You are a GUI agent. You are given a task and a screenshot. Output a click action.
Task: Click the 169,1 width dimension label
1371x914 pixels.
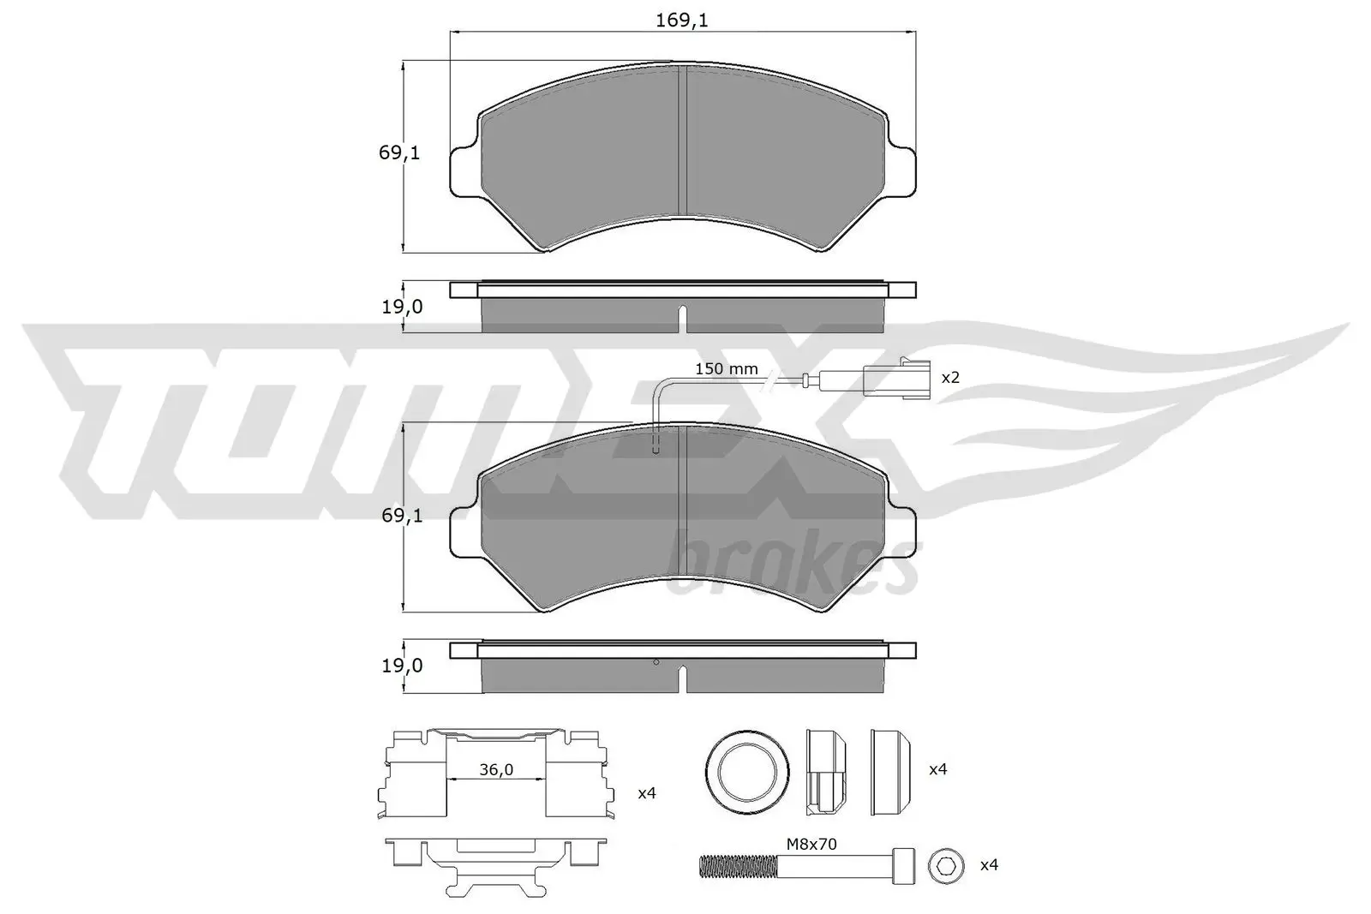tap(682, 21)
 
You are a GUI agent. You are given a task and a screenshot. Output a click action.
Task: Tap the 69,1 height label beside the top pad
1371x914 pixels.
tap(399, 153)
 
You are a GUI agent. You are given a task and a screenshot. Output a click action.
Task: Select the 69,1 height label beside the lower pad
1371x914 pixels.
tap(399, 515)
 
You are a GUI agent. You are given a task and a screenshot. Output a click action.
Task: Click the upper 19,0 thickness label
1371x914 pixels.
tap(402, 306)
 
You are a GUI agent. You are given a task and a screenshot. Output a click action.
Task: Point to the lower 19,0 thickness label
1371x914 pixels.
tap(402, 665)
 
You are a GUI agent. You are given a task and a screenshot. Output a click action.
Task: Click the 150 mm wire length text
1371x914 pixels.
tap(726, 369)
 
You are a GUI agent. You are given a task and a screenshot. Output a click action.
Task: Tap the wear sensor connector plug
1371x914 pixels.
tap(894, 378)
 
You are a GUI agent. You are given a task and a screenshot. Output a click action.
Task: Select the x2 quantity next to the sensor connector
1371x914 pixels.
tap(950, 378)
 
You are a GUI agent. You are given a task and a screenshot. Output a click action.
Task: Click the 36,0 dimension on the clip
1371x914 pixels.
tap(495, 770)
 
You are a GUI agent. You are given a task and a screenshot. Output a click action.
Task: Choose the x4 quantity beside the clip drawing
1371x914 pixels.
tap(647, 793)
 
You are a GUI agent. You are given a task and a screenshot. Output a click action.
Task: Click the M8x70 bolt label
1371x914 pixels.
tap(811, 844)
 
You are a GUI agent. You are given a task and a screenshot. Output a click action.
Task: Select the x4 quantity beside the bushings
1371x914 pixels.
tap(938, 769)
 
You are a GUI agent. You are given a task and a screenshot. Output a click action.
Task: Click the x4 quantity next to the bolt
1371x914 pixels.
tap(989, 865)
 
